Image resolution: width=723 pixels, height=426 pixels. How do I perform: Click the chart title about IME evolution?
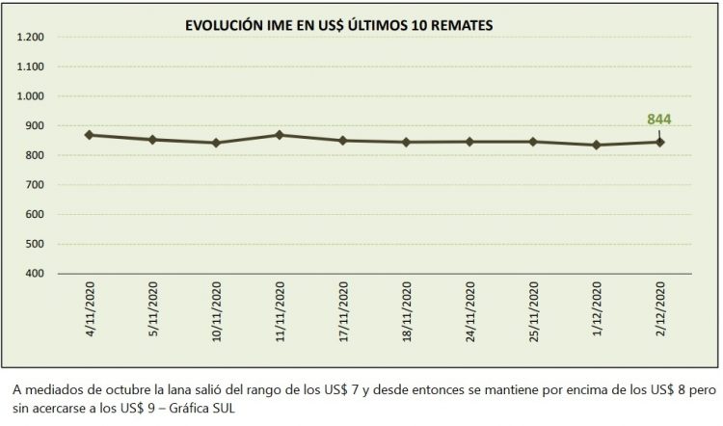[x=339, y=27]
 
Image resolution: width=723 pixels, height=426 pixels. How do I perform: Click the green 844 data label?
[x=658, y=120]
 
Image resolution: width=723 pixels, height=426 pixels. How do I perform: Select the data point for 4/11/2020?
[x=89, y=135]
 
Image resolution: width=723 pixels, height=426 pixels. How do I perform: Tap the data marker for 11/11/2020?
[x=280, y=135]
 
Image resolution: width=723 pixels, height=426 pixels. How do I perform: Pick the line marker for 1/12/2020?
[x=597, y=146]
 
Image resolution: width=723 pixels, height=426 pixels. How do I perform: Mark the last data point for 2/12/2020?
[x=660, y=142]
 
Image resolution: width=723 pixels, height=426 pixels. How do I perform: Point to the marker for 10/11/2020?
[x=216, y=143]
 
